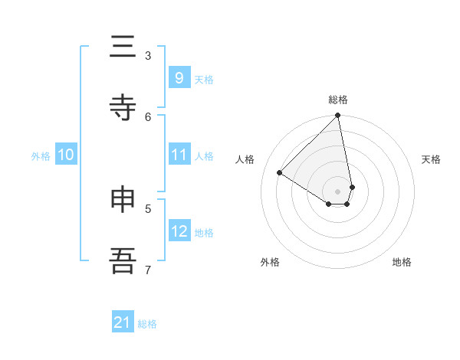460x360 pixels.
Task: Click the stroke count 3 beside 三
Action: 148,55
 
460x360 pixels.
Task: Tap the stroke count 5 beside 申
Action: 148,208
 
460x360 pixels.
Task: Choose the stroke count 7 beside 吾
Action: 148,269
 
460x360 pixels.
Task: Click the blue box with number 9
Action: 179,78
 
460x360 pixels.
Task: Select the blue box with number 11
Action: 179,155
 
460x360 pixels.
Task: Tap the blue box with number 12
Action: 179,231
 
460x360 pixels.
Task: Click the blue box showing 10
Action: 66,155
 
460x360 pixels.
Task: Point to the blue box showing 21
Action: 123,323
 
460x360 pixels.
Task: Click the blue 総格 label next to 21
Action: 147,324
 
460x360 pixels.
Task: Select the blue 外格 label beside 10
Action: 41,156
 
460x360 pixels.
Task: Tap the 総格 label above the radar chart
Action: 338,100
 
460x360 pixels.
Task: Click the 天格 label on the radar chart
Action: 432,159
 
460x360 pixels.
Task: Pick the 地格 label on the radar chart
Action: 402,262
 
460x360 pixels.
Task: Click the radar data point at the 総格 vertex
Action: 338,116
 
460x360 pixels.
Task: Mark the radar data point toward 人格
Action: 280,173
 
